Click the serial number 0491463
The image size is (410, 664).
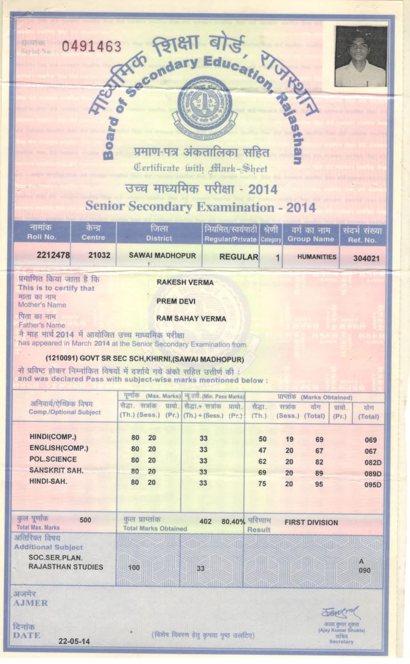click(x=91, y=47)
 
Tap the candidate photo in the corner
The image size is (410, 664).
click(x=361, y=56)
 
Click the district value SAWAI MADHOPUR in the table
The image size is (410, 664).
click(x=158, y=256)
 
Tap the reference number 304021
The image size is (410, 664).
click(x=362, y=258)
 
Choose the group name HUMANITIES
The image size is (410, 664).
click(x=317, y=257)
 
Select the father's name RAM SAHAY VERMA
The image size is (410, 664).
click(x=191, y=318)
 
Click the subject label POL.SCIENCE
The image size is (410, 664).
click(x=53, y=459)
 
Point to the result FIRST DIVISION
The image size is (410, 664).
click(x=311, y=522)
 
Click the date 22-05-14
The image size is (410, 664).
click(x=74, y=641)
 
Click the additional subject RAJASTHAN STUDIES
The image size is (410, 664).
click(x=66, y=567)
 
